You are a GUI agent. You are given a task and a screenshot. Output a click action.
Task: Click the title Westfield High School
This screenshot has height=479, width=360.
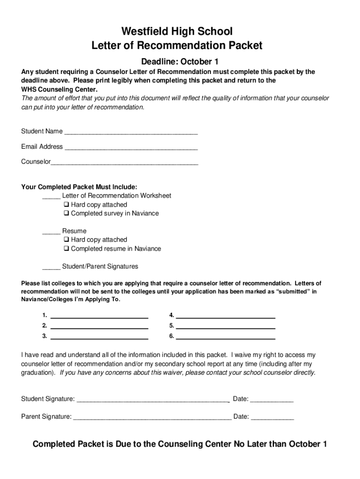(x=177, y=32)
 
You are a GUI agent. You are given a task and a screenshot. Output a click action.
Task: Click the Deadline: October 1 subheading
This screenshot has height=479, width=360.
(x=180, y=62)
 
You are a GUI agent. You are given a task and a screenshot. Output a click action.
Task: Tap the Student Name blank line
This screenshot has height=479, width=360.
(x=131, y=132)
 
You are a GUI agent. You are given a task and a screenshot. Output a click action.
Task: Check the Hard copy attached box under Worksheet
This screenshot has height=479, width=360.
(x=66, y=205)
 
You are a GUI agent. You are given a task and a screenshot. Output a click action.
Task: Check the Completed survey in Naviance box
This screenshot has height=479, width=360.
(x=66, y=214)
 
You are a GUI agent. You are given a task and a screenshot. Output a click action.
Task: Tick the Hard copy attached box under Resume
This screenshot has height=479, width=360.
(x=66, y=240)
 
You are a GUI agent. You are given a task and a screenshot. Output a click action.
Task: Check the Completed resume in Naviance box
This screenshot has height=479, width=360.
(x=66, y=249)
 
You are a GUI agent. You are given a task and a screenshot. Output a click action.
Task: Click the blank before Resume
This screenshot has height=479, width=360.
(x=51, y=232)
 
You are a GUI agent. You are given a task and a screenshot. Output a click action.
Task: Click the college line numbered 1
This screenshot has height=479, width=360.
(x=99, y=316)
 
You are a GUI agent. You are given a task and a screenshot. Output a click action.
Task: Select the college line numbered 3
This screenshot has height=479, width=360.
(x=99, y=337)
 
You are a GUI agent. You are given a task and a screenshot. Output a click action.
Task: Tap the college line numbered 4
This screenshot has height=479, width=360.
(x=225, y=316)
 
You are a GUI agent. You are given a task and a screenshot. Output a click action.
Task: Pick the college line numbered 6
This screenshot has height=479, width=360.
(x=225, y=337)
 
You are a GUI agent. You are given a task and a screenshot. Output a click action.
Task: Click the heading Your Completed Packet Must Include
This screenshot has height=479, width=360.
(x=79, y=187)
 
